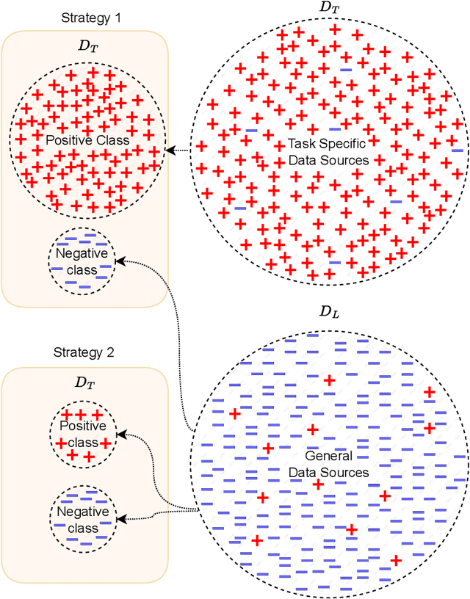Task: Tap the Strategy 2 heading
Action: [84, 352]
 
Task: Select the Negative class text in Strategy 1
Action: [82, 262]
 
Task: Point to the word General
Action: [318, 456]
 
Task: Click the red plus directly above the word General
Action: [312, 429]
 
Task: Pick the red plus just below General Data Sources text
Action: [318, 484]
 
